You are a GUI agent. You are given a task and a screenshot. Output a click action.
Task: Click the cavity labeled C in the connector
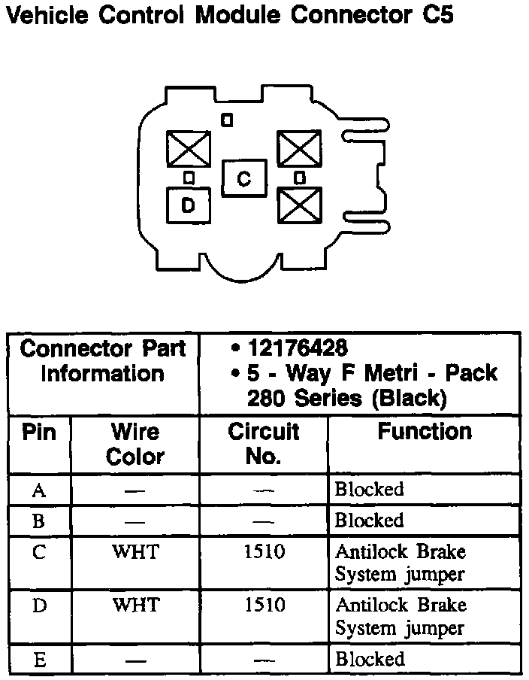coord(244,178)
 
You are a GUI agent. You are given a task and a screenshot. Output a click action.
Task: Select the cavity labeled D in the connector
coord(188,204)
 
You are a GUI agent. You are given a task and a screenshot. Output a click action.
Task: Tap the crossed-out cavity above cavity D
coord(188,148)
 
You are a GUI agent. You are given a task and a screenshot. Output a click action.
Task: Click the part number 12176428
coord(298,348)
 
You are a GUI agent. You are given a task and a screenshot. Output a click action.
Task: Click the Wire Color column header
coord(135,444)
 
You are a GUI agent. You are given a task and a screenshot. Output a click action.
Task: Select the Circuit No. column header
coord(264,444)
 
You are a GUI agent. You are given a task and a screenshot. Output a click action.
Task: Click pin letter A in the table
coord(39,490)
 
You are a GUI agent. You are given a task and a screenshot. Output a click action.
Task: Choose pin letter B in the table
coord(39,521)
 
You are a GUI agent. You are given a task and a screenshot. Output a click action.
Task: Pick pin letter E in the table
coord(39,660)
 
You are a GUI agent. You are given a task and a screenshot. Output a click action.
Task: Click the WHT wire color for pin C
coord(135,551)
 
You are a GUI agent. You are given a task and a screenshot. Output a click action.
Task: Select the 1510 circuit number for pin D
coord(264,605)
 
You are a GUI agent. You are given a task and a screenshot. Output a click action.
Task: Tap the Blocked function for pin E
coord(369,660)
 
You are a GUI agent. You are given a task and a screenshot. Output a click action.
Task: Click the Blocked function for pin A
coord(369,490)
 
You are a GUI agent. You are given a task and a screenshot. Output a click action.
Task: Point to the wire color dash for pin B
coord(135,521)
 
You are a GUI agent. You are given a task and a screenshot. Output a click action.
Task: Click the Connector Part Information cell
coord(103,361)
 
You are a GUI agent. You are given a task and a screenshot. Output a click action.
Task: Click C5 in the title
coord(434,16)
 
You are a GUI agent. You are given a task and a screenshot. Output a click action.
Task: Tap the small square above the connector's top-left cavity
coord(227,119)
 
